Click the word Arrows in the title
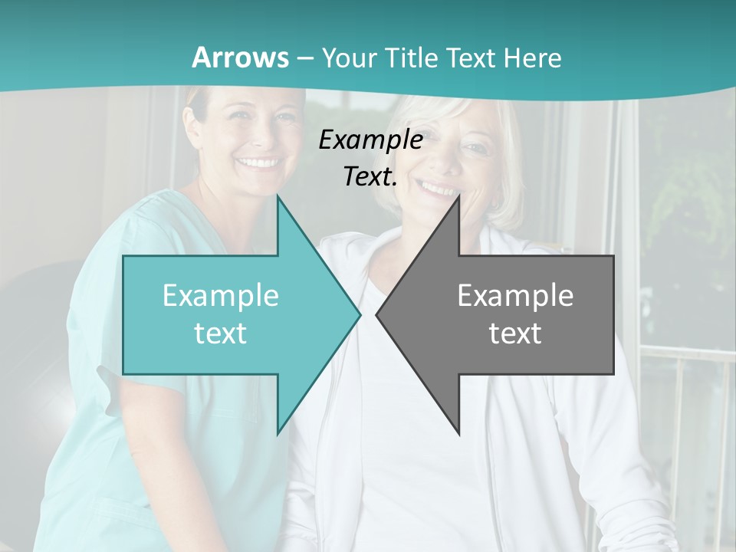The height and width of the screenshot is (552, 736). click(x=241, y=58)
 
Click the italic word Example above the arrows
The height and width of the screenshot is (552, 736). click(x=370, y=140)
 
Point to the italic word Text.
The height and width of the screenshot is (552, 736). click(x=370, y=176)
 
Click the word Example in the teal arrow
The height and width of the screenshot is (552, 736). click(x=221, y=295)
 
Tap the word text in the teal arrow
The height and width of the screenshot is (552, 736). click(x=221, y=333)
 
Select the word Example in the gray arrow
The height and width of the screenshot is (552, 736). click(x=515, y=295)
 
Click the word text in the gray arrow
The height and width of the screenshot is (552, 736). click(x=515, y=333)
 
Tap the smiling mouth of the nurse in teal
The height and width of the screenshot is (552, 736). click(x=258, y=163)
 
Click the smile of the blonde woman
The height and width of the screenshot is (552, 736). click(x=439, y=188)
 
